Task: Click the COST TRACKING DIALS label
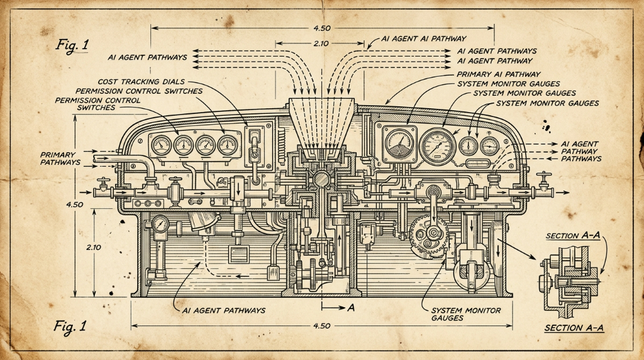[x=142, y=82]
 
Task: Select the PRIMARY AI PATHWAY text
[x=499, y=74]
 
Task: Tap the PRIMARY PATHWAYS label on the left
[x=60, y=159]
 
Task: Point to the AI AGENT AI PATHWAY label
[x=423, y=38]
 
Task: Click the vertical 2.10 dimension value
[x=94, y=247]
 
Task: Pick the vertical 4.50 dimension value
[x=74, y=205]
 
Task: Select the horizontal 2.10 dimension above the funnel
[x=321, y=43]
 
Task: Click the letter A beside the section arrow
[x=351, y=307]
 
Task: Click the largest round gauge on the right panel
[x=438, y=146]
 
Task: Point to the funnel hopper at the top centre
[x=321, y=124]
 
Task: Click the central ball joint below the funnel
[x=321, y=179]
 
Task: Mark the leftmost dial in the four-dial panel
[x=161, y=145]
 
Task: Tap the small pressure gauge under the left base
[x=160, y=225]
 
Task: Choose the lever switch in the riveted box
[x=255, y=147]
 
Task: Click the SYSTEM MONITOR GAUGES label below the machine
[x=466, y=315]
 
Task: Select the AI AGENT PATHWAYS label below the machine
[x=223, y=311]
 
